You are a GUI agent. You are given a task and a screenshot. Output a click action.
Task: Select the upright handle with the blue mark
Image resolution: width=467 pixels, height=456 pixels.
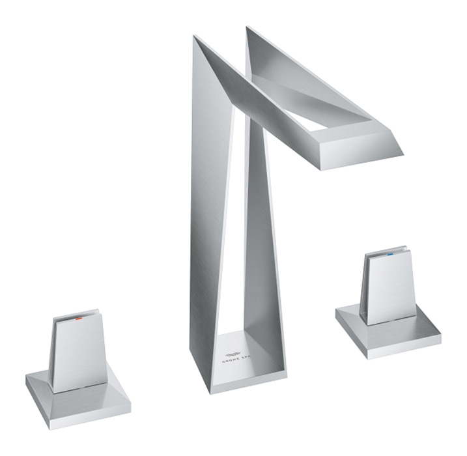pos(389,287)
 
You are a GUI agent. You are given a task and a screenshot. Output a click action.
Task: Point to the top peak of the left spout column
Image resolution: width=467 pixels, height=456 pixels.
pos(195,38)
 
